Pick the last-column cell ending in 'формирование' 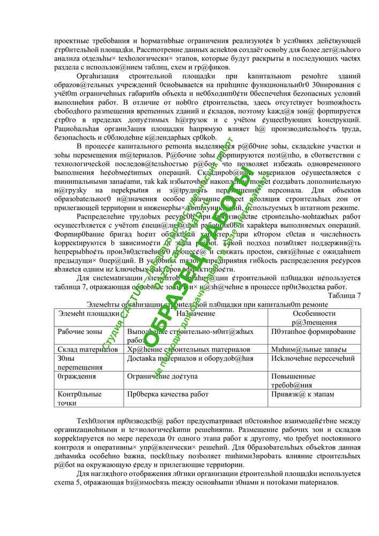tap(314, 332)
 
